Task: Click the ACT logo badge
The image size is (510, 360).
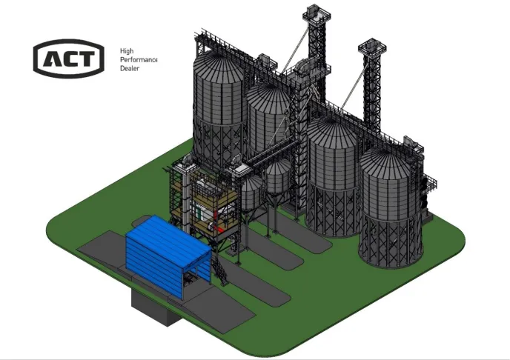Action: [x=69, y=59]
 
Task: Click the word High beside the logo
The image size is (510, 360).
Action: [x=127, y=51]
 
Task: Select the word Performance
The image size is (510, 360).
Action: [x=139, y=60]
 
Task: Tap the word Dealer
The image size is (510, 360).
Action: [x=130, y=68]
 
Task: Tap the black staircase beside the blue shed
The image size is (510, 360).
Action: [x=219, y=269]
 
